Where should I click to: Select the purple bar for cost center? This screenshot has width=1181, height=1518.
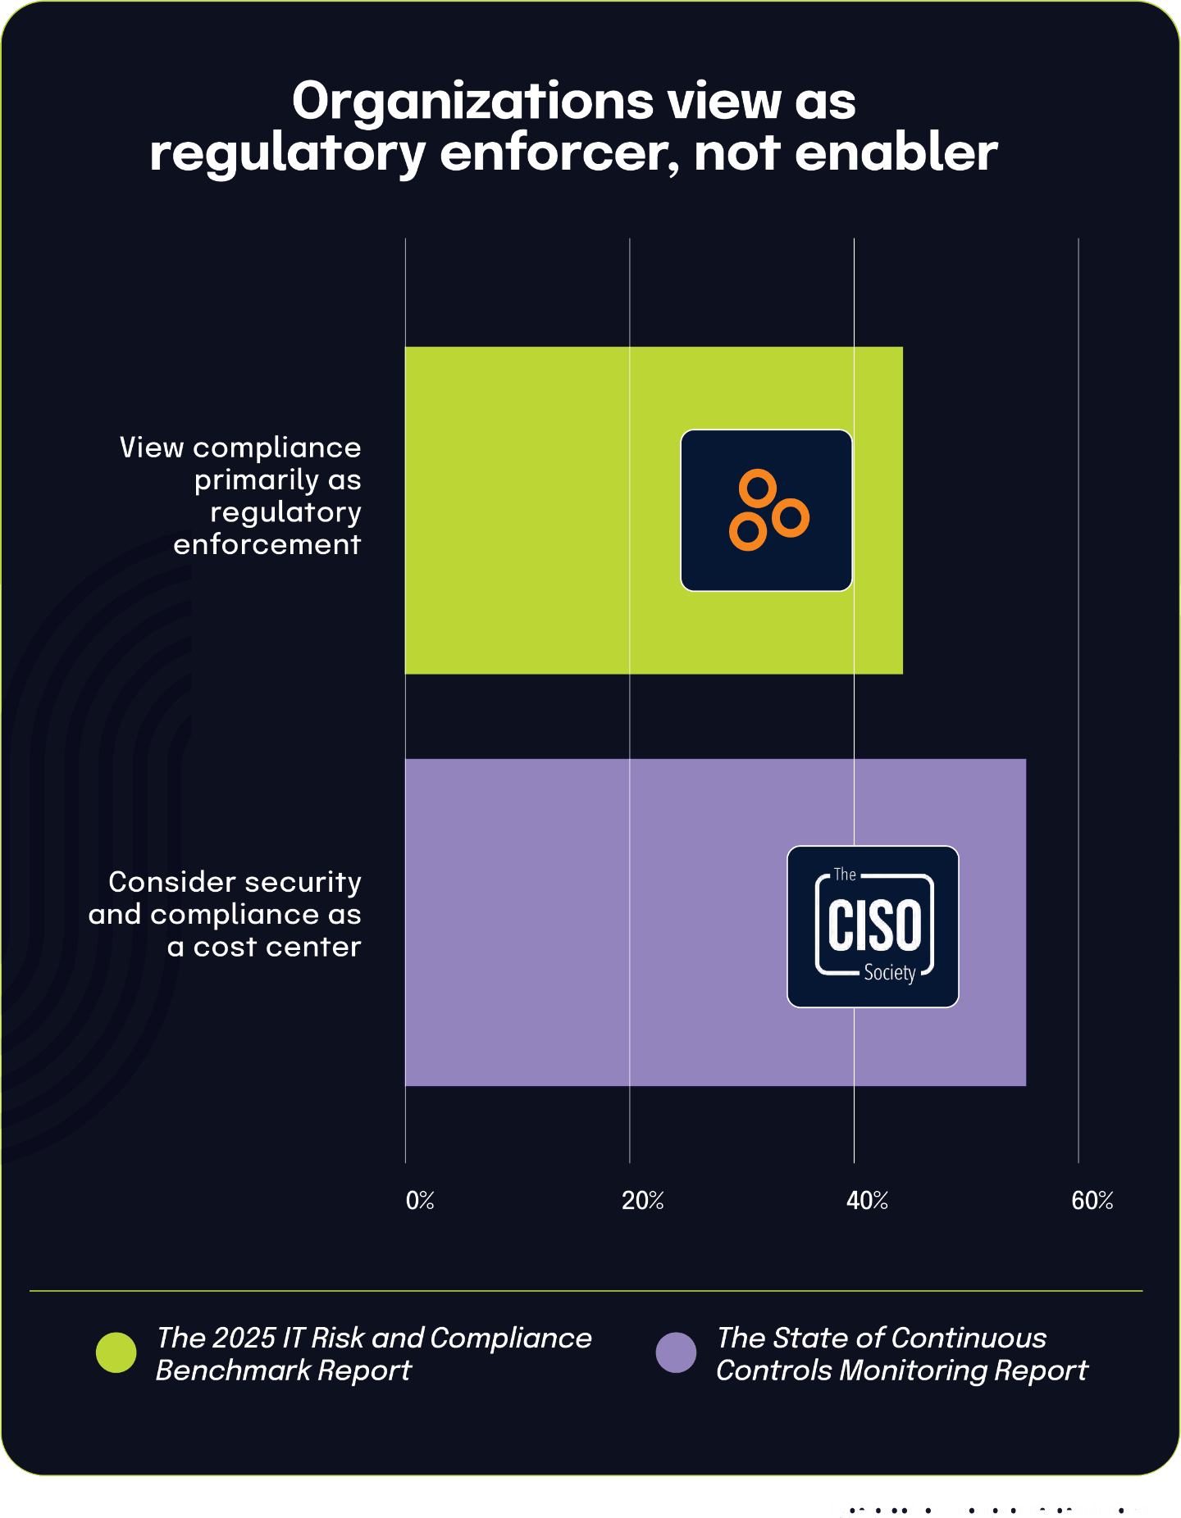(590, 922)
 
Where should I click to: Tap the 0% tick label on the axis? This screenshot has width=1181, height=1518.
(420, 1201)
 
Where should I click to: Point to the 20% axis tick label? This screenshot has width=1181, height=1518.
(642, 1201)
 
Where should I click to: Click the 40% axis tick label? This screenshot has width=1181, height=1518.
(867, 1201)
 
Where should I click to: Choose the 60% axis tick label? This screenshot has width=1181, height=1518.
(1092, 1201)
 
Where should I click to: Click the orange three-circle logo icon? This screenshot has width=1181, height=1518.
(767, 510)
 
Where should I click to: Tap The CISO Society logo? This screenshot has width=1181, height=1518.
(873, 926)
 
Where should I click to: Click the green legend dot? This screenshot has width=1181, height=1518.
(116, 1352)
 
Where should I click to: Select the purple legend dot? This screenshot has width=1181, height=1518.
(676, 1352)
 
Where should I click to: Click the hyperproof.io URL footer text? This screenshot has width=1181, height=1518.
(988, 1509)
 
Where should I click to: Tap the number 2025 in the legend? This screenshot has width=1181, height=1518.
(244, 1338)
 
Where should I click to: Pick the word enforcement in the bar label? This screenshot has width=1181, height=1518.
(267, 544)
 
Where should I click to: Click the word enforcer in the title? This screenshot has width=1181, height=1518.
(559, 153)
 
